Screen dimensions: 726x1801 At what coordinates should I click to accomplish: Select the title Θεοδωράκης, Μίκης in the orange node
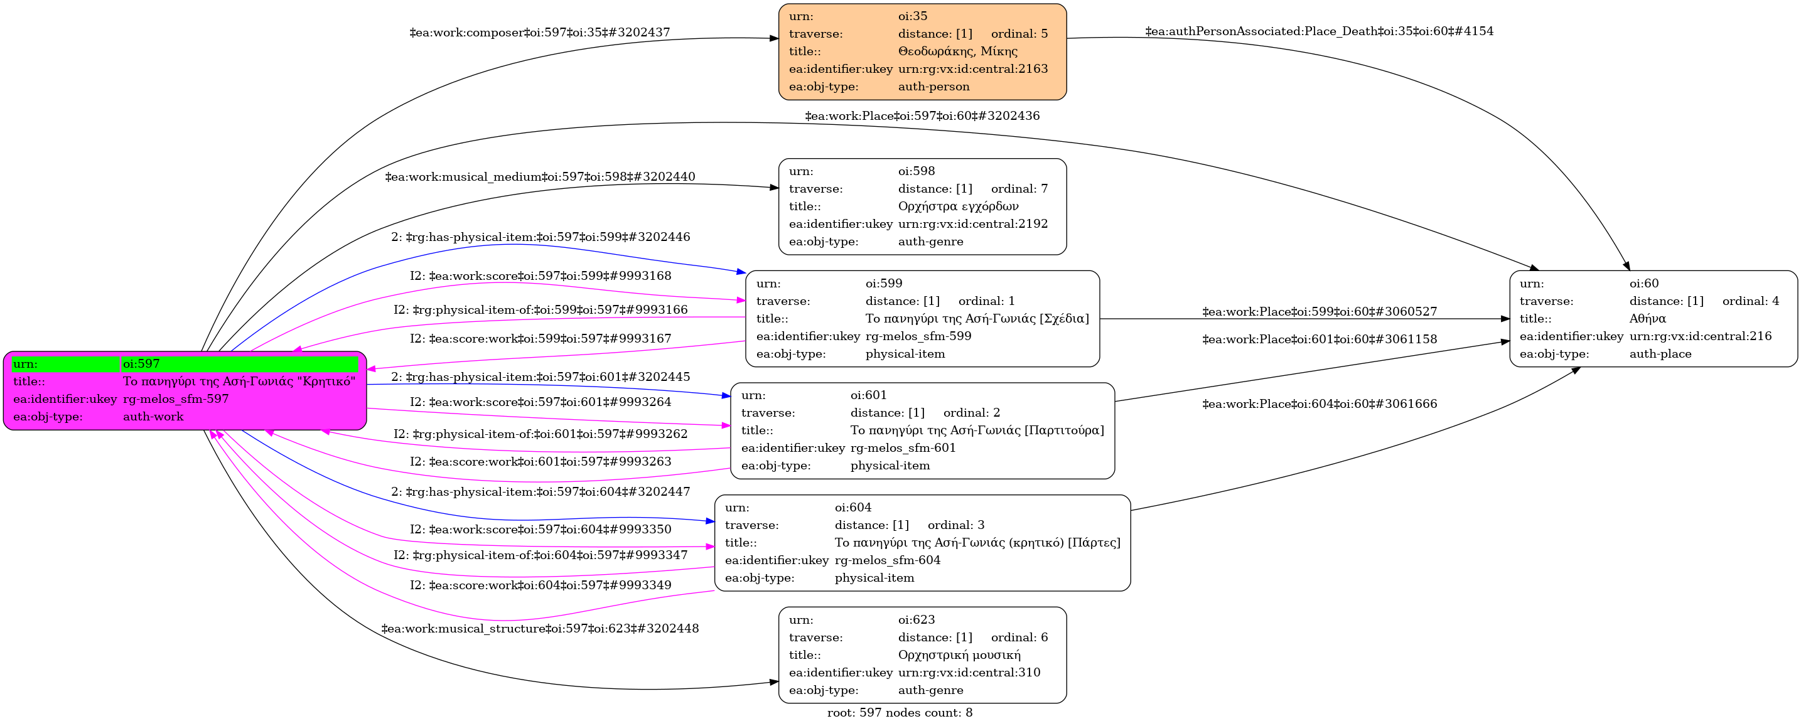click(957, 51)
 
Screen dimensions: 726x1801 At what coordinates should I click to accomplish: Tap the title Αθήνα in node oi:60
click(1647, 319)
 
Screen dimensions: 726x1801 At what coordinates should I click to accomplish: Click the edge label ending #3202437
click(539, 32)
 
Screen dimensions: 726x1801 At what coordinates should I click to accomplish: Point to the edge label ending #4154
click(1319, 31)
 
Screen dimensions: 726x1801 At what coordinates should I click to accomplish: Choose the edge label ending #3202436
click(922, 116)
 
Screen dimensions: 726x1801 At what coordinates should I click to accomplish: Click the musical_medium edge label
click(540, 177)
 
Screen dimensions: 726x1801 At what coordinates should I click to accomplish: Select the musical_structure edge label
click(540, 628)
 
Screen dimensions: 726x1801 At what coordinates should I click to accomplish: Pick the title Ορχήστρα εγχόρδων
click(958, 206)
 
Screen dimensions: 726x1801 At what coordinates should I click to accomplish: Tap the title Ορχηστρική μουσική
click(959, 654)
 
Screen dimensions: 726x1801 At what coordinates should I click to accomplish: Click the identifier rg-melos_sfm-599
click(918, 336)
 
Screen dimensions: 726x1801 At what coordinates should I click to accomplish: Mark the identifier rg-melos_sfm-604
click(887, 560)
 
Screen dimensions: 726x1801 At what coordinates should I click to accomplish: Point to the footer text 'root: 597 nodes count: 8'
click(899, 713)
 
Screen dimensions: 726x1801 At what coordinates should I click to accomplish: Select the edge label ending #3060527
click(1320, 312)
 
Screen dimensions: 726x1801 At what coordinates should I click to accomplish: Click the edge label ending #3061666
click(1320, 404)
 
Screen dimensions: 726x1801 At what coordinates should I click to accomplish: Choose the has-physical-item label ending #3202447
click(540, 492)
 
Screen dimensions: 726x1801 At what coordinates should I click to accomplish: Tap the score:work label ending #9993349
click(540, 585)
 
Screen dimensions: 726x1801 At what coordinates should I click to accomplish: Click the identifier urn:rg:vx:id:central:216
click(1701, 336)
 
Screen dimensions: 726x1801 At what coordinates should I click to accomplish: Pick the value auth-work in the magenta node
click(153, 417)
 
